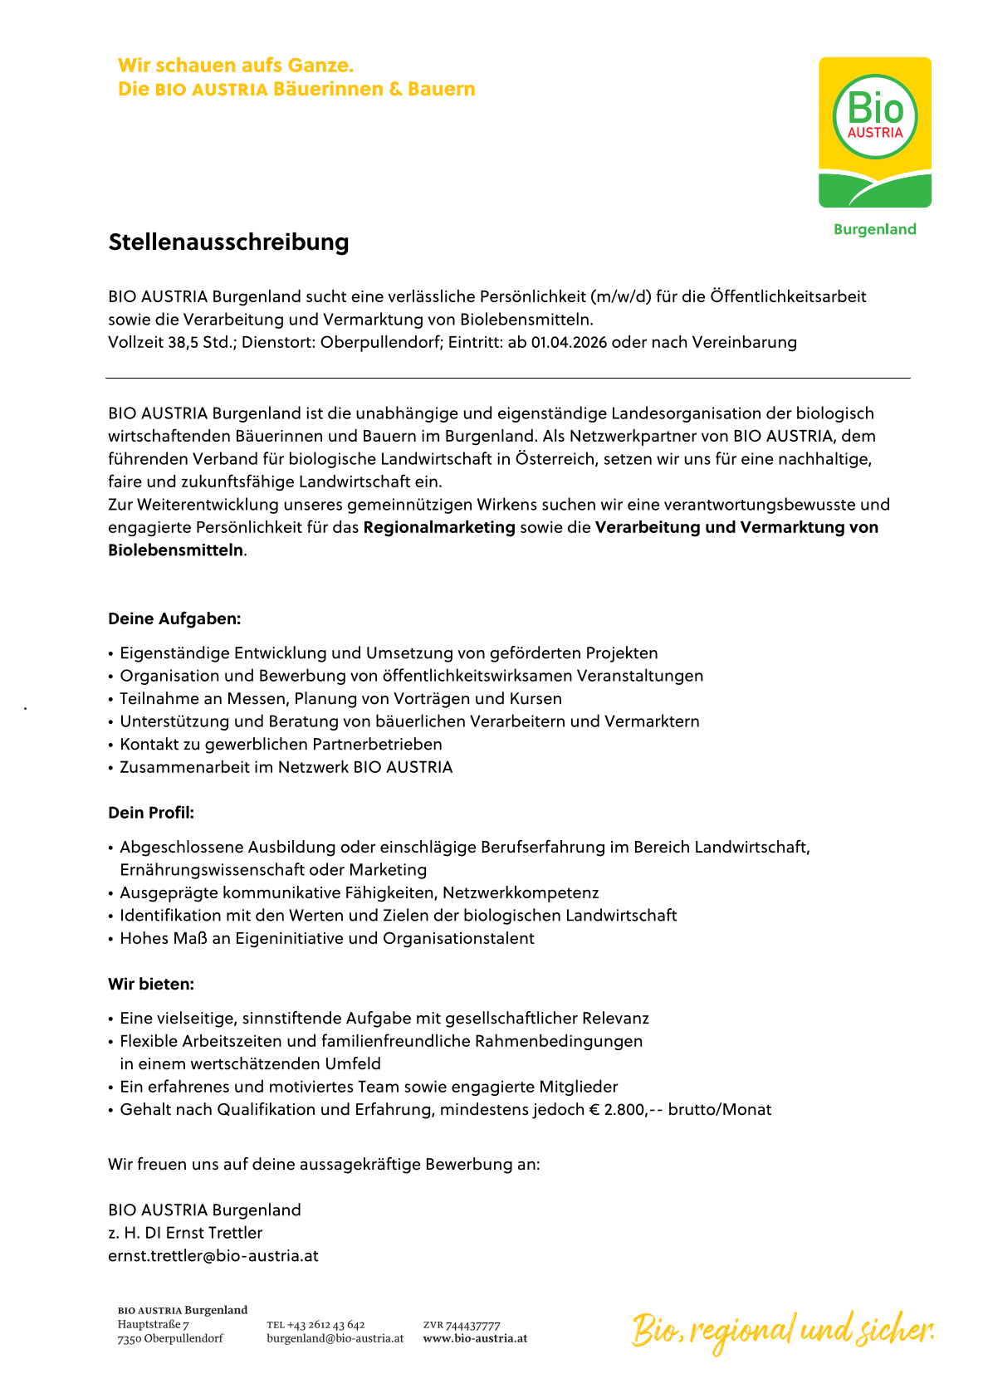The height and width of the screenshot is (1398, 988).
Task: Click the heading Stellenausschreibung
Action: pyautogui.click(x=228, y=242)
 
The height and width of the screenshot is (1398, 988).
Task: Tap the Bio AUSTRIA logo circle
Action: pyautogui.click(x=874, y=116)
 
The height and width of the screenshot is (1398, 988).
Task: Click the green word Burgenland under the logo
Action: pyautogui.click(x=874, y=229)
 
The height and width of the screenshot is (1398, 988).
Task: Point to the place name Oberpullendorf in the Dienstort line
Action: pyautogui.click(x=381, y=342)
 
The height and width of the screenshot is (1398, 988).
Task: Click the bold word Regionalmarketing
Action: pyautogui.click(x=439, y=527)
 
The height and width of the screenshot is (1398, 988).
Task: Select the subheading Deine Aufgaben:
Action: pyautogui.click(x=174, y=618)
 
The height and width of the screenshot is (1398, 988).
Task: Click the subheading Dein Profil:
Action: pyautogui.click(x=151, y=813)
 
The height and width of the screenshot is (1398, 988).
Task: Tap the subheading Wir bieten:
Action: pyautogui.click(x=151, y=984)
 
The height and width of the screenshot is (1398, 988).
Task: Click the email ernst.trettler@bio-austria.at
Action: pyautogui.click(x=213, y=1255)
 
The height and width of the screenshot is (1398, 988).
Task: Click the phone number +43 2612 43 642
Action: pyautogui.click(x=325, y=1325)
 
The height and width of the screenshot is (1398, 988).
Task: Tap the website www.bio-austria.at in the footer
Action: pyautogui.click(x=475, y=1338)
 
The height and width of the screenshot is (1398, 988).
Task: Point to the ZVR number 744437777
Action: pyautogui.click(x=473, y=1325)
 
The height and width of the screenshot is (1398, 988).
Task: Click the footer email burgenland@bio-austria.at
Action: pyautogui.click(x=335, y=1338)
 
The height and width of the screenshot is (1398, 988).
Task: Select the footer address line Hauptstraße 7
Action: pyautogui.click(x=154, y=1325)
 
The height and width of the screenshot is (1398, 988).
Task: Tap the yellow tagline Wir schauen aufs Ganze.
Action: pyautogui.click(x=236, y=65)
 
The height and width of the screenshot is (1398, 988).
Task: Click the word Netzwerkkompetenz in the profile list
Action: pyautogui.click(x=521, y=893)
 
